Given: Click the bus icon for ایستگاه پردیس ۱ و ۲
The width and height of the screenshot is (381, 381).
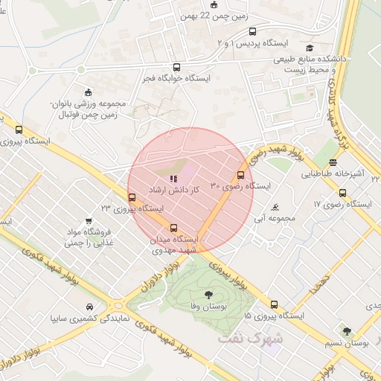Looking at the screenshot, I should pos(252,32).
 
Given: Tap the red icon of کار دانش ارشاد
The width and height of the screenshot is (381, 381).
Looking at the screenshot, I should pos(174,179).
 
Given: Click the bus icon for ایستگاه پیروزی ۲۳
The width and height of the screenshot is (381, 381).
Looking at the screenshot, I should pos(132,197).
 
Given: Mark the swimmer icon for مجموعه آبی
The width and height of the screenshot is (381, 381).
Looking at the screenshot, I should pos(276,207).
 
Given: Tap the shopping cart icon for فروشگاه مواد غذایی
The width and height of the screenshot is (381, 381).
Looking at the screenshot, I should pos(89,221).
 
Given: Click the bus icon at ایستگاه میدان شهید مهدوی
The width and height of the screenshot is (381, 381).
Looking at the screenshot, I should pos(174,228).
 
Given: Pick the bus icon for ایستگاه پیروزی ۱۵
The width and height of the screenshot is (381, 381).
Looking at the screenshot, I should pos(275,304).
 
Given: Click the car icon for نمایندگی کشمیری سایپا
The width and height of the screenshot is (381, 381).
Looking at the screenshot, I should pos(89,307).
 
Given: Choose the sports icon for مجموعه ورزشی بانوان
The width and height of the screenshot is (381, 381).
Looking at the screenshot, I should pos(88,92).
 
